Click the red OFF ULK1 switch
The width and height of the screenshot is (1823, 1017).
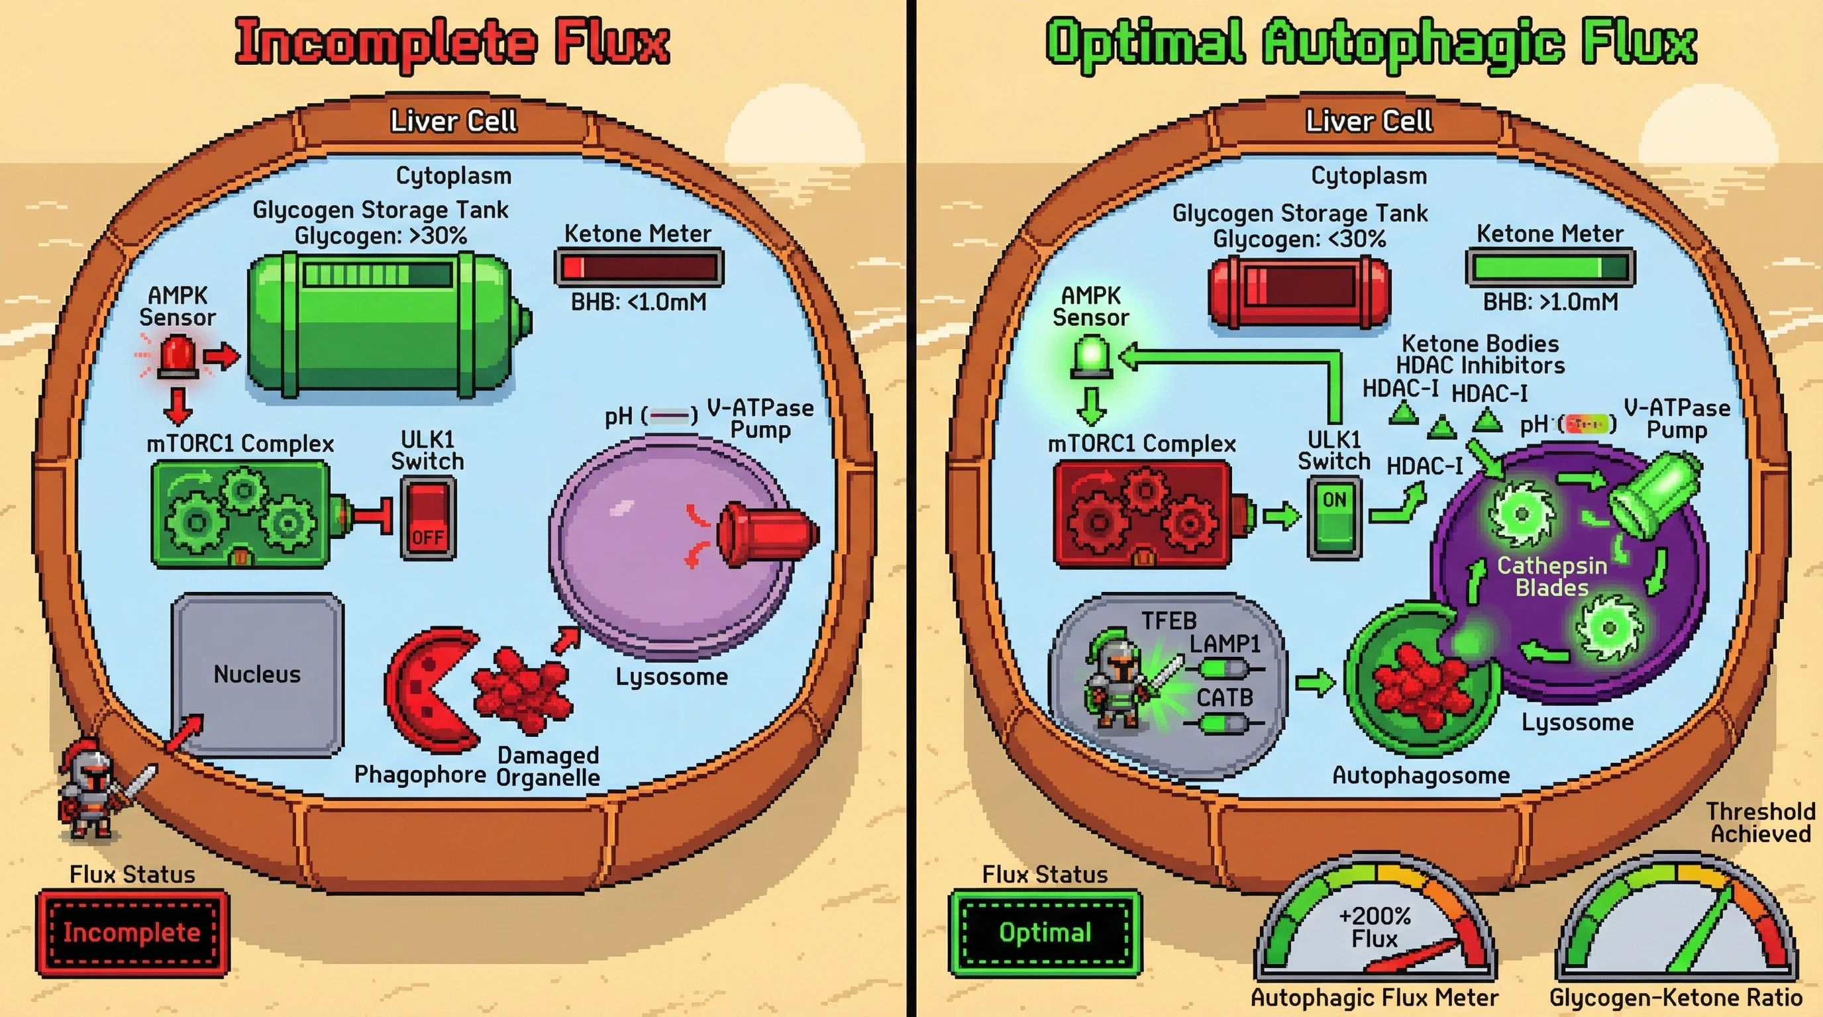(x=427, y=518)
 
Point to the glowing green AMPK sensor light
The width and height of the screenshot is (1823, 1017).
(x=1091, y=354)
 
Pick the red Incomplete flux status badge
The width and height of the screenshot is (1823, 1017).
(x=132, y=933)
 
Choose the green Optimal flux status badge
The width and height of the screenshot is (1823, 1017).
(x=1045, y=933)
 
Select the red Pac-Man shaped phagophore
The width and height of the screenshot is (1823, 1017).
(x=428, y=689)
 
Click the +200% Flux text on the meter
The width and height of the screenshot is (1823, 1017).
(x=1375, y=927)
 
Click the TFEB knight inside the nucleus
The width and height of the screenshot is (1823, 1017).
(x=1118, y=679)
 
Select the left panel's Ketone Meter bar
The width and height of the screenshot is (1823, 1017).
(x=639, y=267)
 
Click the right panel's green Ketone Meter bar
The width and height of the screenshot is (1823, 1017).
(x=1550, y=267)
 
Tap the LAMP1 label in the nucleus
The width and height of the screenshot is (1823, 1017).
(x=1224, y=644)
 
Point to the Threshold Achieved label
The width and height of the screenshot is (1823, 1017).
(x=1760, y=822)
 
